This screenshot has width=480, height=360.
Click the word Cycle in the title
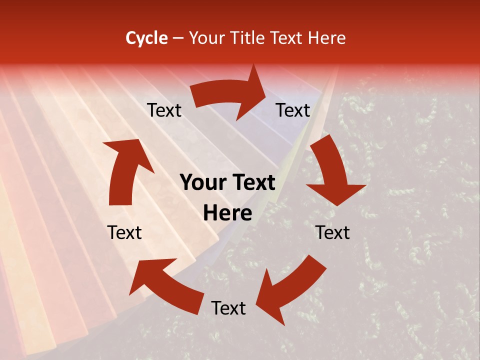pos(146,38)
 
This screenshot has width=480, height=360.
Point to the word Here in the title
pos(328,38)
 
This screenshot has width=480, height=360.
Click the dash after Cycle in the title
pos(177,38)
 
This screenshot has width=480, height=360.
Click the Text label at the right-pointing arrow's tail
pos(164,110)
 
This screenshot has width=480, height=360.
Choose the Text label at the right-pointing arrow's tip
pos(293,110)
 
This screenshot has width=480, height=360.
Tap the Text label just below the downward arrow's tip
pos(332,232)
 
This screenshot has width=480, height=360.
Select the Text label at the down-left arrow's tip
pos(228,308)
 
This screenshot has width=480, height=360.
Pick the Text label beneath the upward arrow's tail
pos(124,232)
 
